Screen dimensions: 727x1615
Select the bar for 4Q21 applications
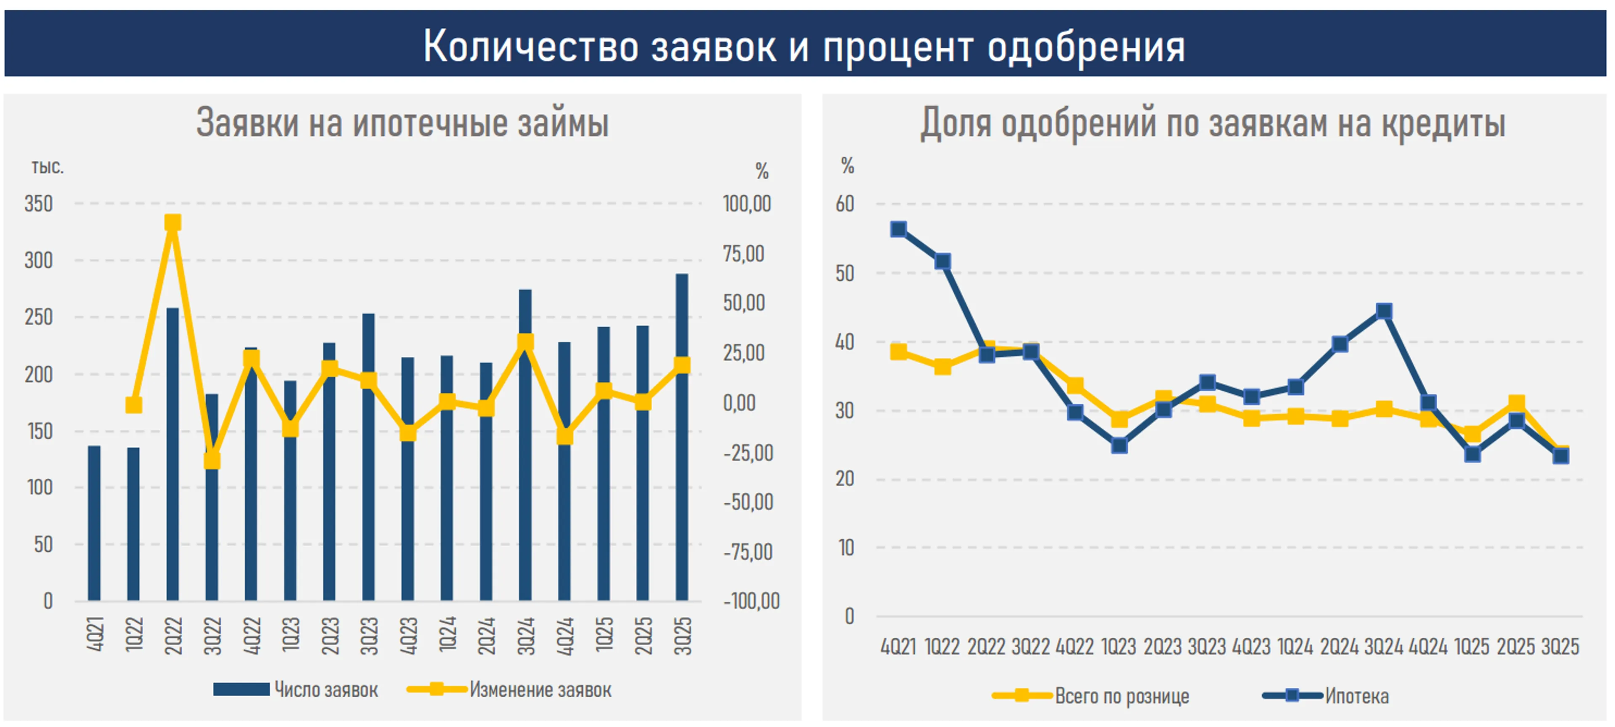click(x=94, y=523)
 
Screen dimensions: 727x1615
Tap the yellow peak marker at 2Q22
click(x=172, y=223)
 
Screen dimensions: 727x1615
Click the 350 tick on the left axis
click(x=38, y=204)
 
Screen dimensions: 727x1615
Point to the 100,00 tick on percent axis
click(x=747, y=204)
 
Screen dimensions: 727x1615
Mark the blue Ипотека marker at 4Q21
click(x=898, y=229)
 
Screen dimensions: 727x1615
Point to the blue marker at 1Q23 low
click(x=1119, y=446)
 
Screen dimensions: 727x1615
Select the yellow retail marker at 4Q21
click(x=898, y=351)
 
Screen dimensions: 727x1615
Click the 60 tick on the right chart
click(x=845, y=204)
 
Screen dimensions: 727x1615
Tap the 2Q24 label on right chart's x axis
click(x=1339, y=646)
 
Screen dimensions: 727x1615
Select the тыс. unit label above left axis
click(x=48, y=168)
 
